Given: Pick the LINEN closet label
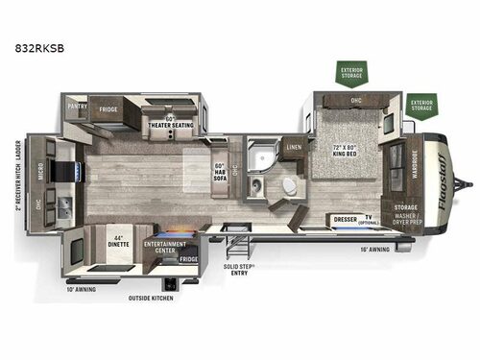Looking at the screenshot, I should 295,146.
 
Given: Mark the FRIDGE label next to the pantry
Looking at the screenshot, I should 108,110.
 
